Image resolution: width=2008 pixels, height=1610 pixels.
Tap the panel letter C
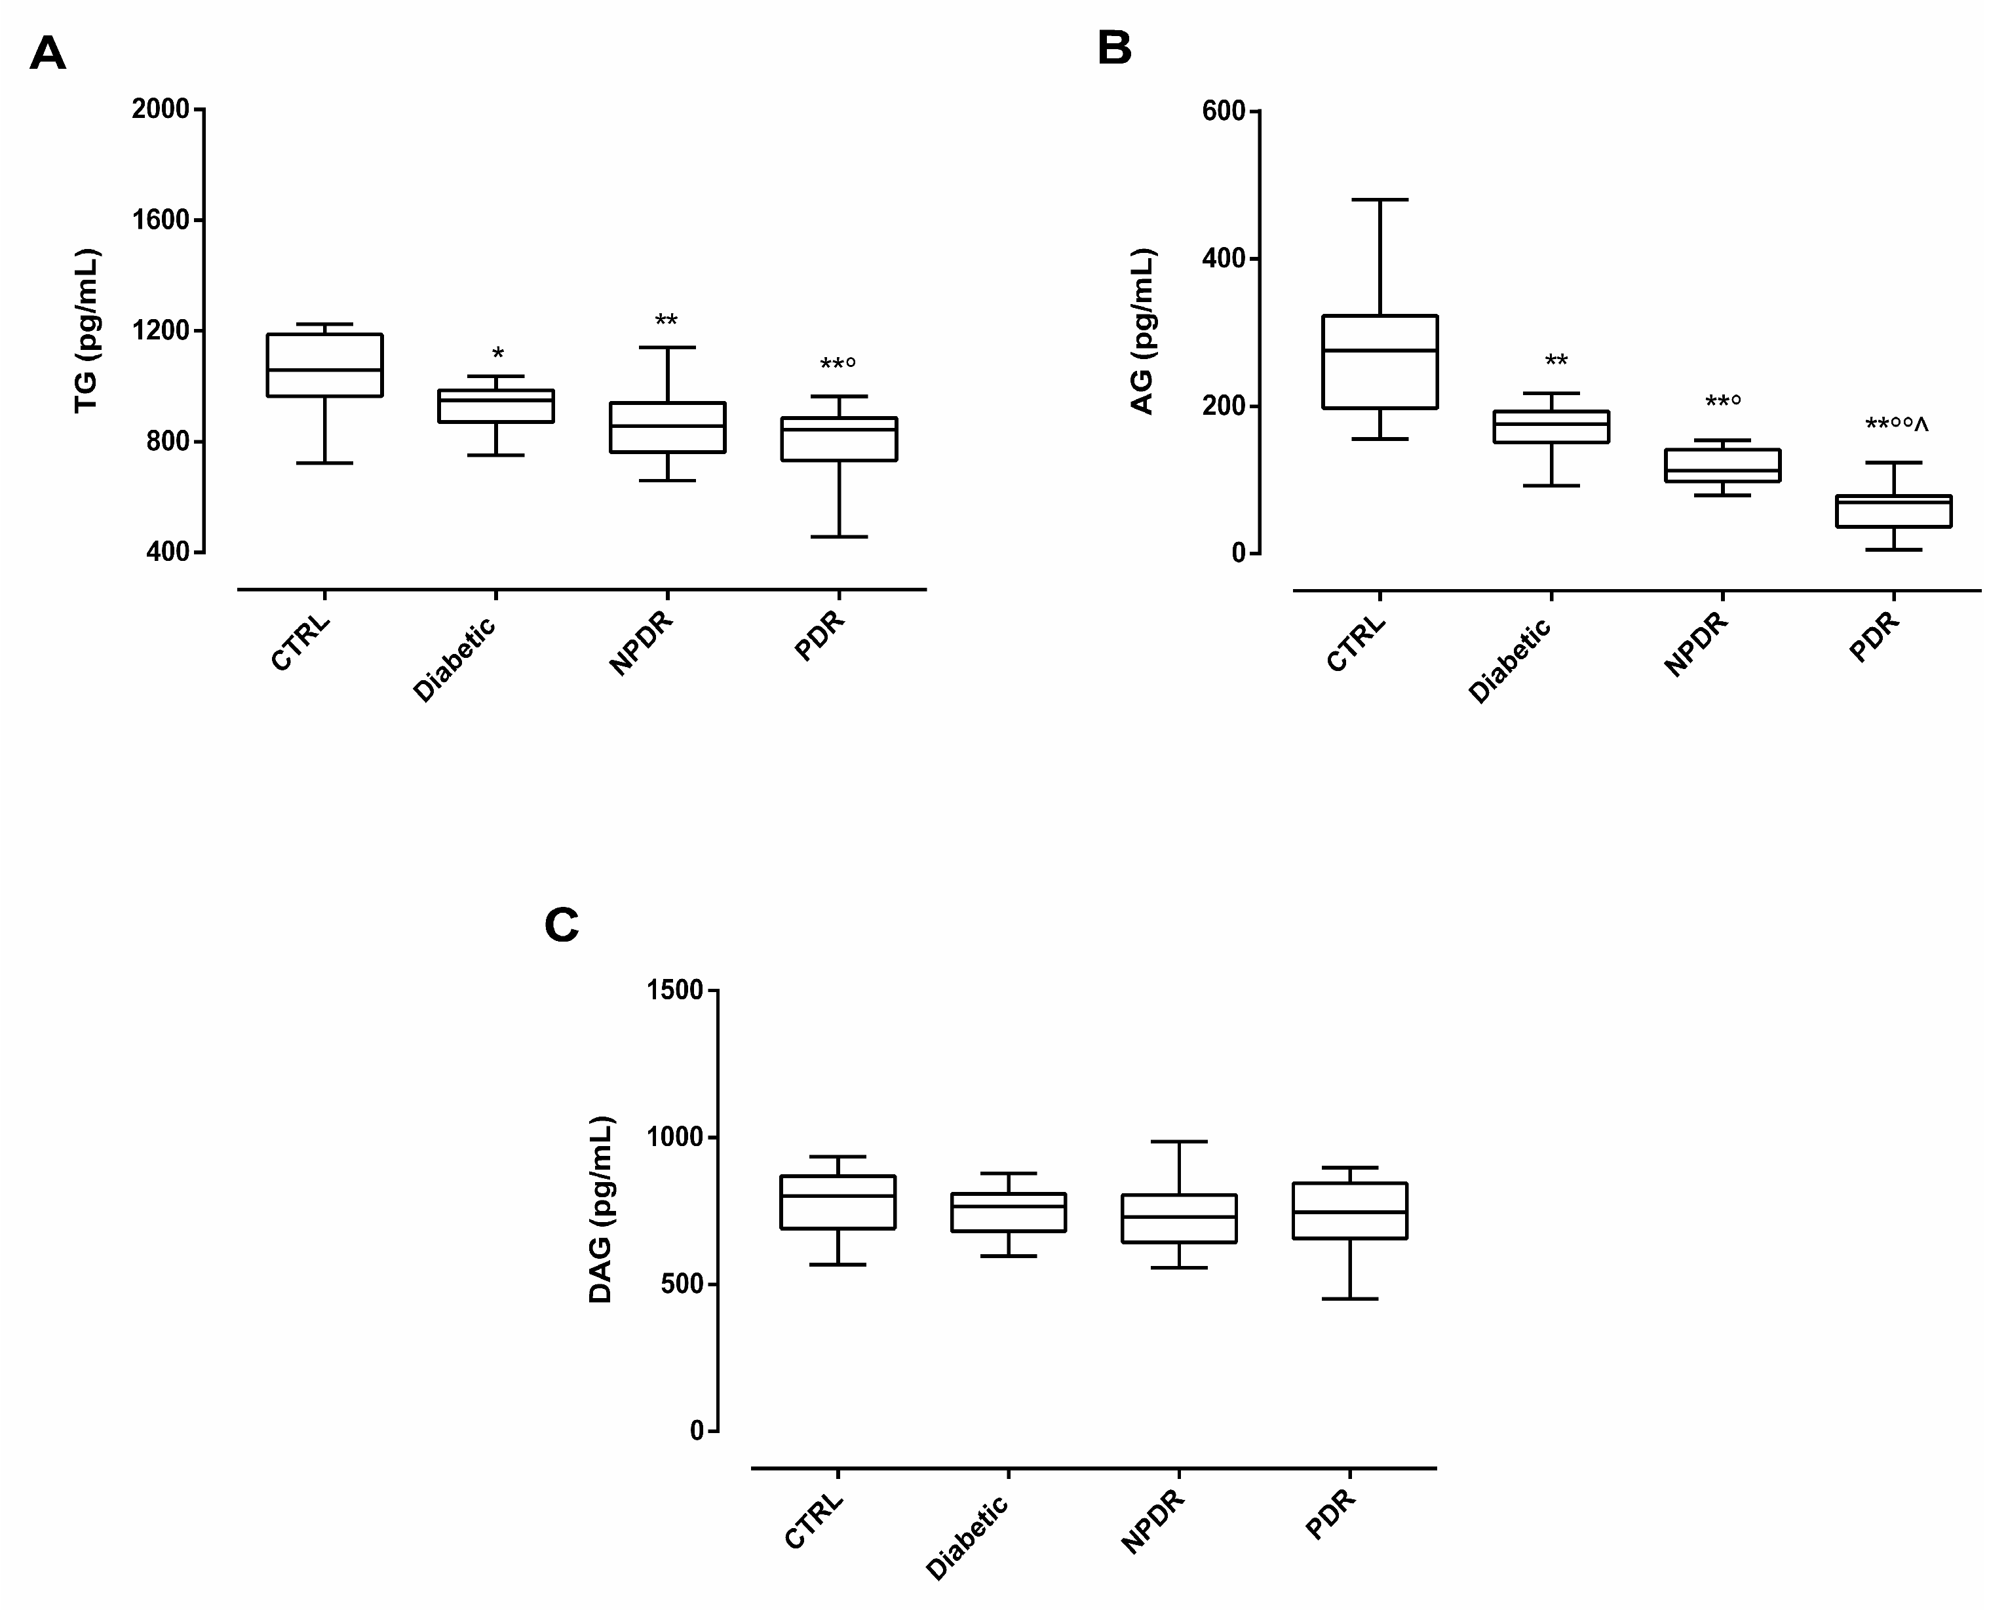562,926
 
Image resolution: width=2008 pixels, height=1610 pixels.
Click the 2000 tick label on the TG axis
160,110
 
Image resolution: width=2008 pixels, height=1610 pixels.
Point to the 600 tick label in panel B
1223,112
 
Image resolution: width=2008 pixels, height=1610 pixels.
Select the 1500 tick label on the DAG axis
674,991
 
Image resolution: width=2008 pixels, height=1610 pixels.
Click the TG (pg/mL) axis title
87,330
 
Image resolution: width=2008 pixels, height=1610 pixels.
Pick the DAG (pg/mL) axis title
602,1210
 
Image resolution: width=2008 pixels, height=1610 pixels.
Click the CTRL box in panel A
324,365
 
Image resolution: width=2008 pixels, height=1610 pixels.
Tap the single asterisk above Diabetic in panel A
497,355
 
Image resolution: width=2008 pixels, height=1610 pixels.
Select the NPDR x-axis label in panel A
641,643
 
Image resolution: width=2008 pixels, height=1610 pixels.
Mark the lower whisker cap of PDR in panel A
839,537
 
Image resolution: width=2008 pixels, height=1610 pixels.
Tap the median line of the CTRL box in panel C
838,1196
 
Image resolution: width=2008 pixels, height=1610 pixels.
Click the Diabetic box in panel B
1552,427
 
